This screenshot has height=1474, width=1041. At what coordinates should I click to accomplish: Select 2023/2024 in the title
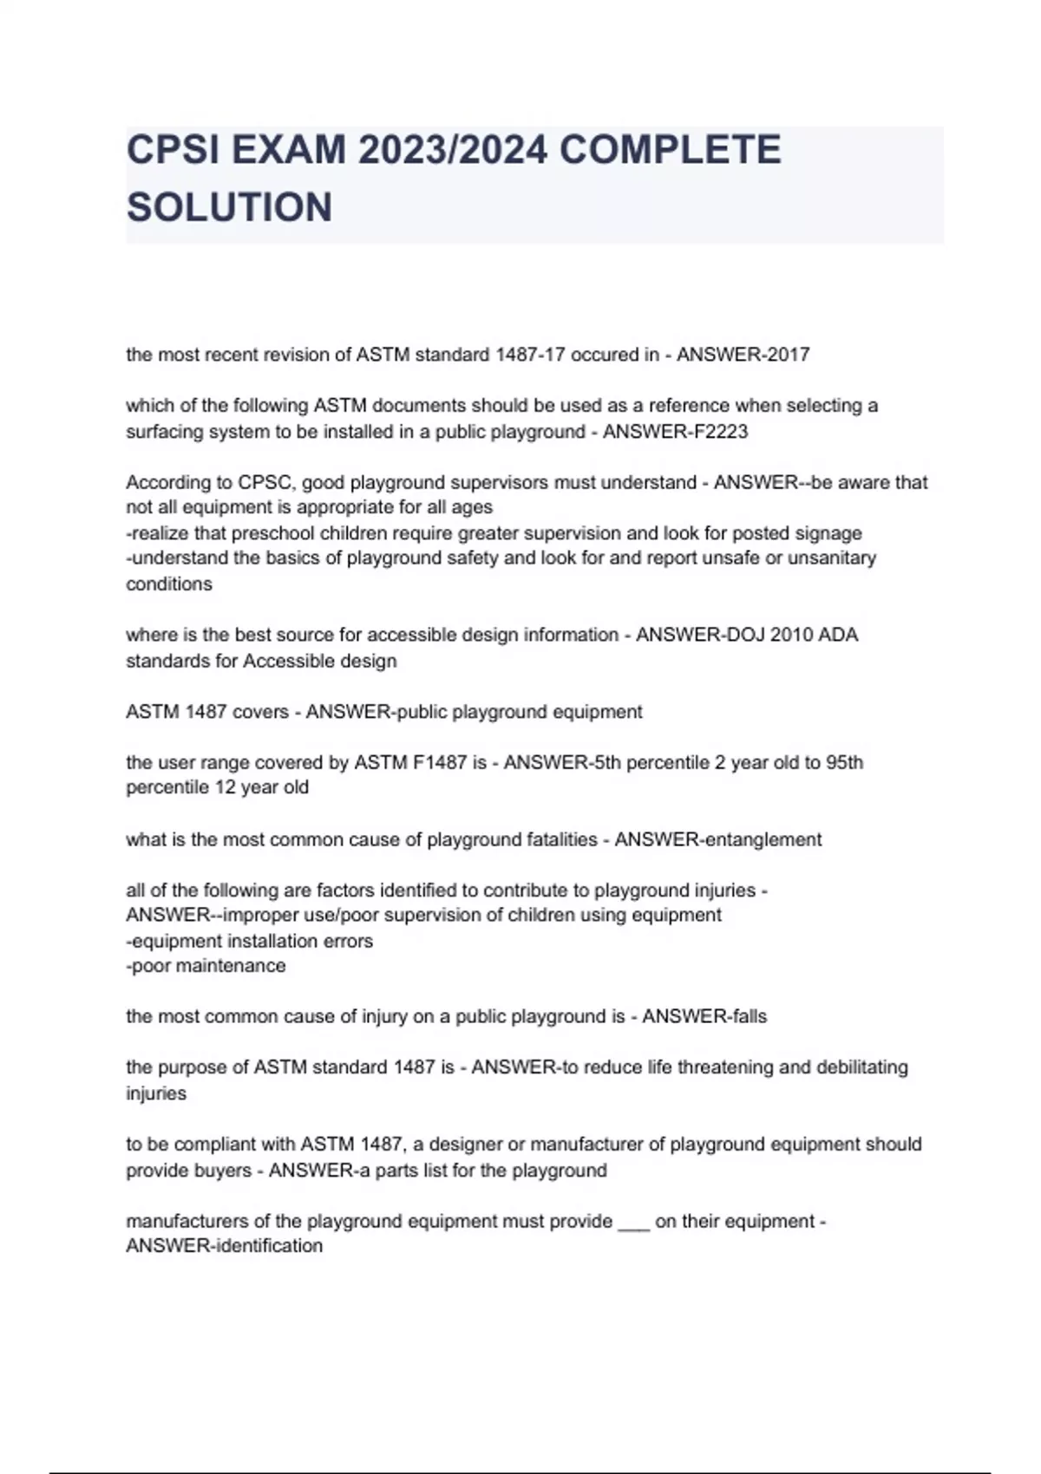coord(452,150)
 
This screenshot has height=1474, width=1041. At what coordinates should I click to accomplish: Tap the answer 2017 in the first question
coord(789,355)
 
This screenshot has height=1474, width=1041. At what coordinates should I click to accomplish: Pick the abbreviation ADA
coord(838,635)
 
